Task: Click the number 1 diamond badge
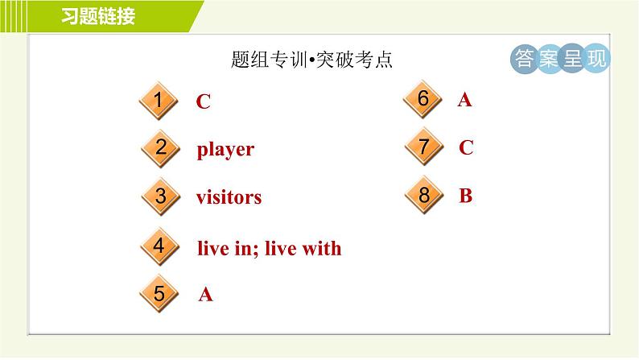tap(159, 101)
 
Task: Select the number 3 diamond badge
tap(160, 197)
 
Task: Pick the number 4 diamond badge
tap(159, 247)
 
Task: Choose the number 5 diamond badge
tap(159, 294)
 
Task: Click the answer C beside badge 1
tap(204, 102)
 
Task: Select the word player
tap(225, 150)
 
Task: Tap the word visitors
tap(229, 197)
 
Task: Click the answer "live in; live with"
tap(269, 249)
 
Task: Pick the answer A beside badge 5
tap(205, 295)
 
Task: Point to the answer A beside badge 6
tap(464, 100)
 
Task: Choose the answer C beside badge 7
tap(466, 148)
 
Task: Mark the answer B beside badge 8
tap(465, 196)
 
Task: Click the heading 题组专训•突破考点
tap(311, 60)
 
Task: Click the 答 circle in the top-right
tap(525, 60)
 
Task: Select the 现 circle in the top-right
tap(596, 60)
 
